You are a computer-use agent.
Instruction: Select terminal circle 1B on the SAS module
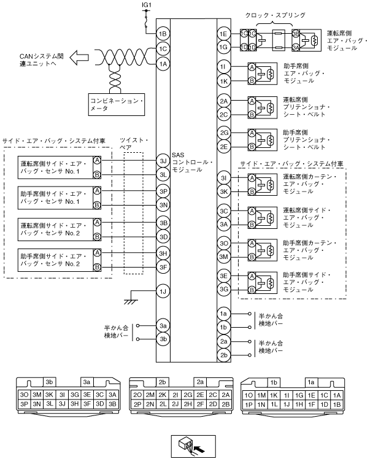click(x=163, y=34)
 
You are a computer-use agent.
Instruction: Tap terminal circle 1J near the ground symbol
click(x=163, y=291)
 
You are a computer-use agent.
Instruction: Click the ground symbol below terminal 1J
click(x=130, y=302)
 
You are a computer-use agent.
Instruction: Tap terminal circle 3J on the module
click(x=163, y=161)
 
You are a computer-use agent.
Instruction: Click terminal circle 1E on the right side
click(x=224, y=34)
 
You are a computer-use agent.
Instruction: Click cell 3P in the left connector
click(x=25, y=404)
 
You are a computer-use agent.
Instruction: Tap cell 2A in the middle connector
click(x=226, y=395)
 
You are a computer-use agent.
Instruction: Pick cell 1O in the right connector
click(x=250, y=395)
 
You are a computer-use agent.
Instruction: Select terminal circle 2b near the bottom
click(x=224, y=355)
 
